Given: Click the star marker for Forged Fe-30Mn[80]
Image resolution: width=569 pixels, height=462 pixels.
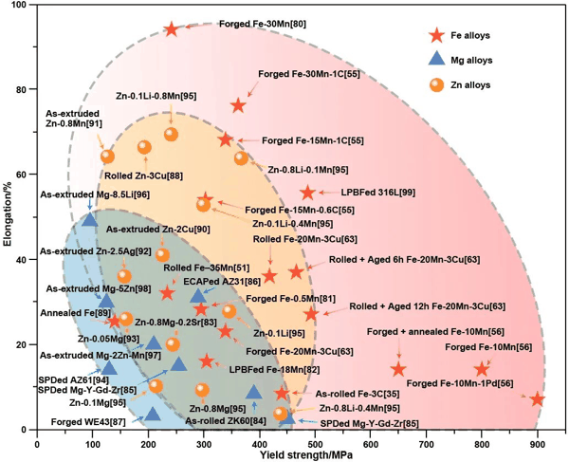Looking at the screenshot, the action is (172, 29).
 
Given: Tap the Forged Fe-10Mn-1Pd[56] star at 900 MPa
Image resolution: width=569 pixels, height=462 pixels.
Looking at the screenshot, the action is (538, 399).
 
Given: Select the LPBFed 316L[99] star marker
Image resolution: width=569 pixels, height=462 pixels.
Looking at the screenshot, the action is (307, 193).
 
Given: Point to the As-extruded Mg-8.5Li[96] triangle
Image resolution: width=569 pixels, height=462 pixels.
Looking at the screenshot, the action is (90, 219).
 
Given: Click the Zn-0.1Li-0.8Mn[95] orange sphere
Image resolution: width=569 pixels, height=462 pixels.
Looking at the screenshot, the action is (172, 135).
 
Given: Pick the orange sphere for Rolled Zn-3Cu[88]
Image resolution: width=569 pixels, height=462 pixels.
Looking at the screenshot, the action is (144, 147).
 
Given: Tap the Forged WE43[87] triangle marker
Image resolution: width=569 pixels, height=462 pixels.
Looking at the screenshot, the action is (153, 415).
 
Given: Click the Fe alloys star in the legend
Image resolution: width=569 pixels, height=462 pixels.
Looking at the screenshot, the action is (436, 35).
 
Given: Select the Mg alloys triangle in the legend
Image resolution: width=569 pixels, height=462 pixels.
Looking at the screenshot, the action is (436, 59).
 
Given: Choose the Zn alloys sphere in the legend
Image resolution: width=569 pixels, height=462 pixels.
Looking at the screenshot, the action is (436, 85).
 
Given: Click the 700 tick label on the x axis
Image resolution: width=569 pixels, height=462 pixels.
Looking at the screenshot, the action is (426, 445).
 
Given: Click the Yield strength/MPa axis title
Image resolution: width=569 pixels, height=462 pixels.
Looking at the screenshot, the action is (306, 455).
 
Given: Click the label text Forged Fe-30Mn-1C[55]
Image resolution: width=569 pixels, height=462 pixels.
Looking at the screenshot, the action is (309, 74).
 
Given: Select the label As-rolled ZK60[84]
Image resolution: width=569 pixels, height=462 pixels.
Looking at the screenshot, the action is (226, 421).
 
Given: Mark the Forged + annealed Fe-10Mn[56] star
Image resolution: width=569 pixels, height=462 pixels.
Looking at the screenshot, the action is (399, 369).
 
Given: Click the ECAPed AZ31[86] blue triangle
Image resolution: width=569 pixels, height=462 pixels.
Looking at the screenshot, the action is (198, 296).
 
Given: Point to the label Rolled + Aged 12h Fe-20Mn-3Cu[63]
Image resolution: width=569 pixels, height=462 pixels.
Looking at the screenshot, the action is (427, 306).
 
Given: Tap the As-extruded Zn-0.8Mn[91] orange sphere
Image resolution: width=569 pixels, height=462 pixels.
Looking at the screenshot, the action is (107, 157).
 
